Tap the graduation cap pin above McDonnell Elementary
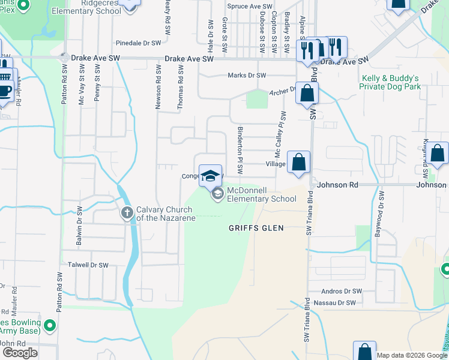[x=210, y=175]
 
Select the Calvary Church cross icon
[x=127, y=212]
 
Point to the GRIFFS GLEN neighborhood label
[x=256, y=228]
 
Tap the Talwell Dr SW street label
[x=88, y=265]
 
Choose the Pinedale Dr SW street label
[x=139, y=43]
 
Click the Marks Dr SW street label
[x=246, y=76]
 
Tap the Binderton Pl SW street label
[x=240, y=150]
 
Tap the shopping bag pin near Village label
[x=298, y=162]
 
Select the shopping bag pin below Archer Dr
[x=307, y=94]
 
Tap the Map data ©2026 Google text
[x=411, y=355]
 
